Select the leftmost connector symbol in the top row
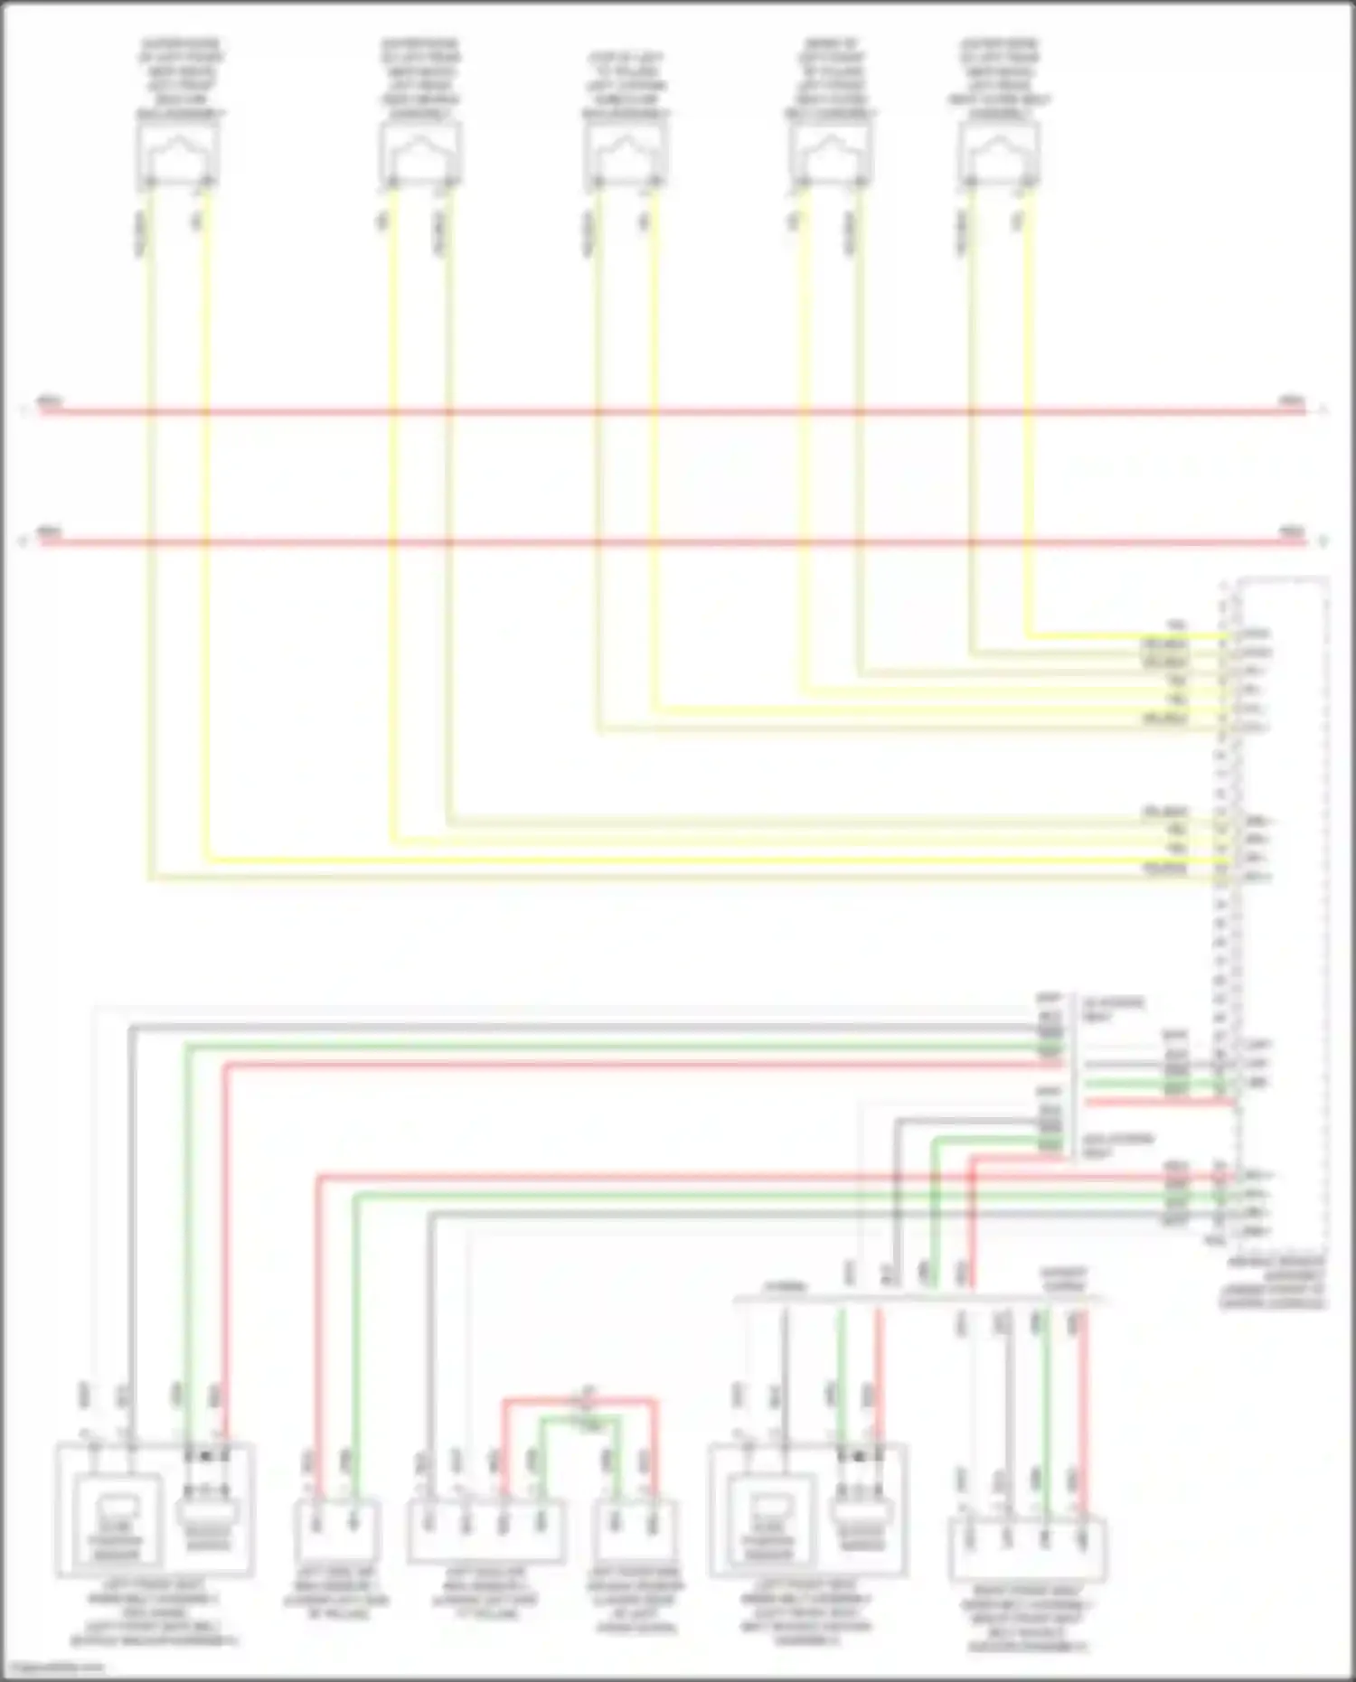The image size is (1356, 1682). coord(178,154)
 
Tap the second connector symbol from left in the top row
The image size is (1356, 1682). coord(419,154)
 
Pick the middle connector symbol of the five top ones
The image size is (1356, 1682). coord(626,154)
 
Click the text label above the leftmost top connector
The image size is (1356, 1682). coord(180,80)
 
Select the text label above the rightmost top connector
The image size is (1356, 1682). coord(1000,80)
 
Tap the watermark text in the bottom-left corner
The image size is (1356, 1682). coord(52,1668)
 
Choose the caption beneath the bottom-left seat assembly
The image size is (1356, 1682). coord(154,1613)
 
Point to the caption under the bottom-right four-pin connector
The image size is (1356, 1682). coord(1028,1619)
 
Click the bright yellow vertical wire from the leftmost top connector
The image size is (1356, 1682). coord(206,542)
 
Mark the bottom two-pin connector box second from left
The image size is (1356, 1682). coord(336,1531)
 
